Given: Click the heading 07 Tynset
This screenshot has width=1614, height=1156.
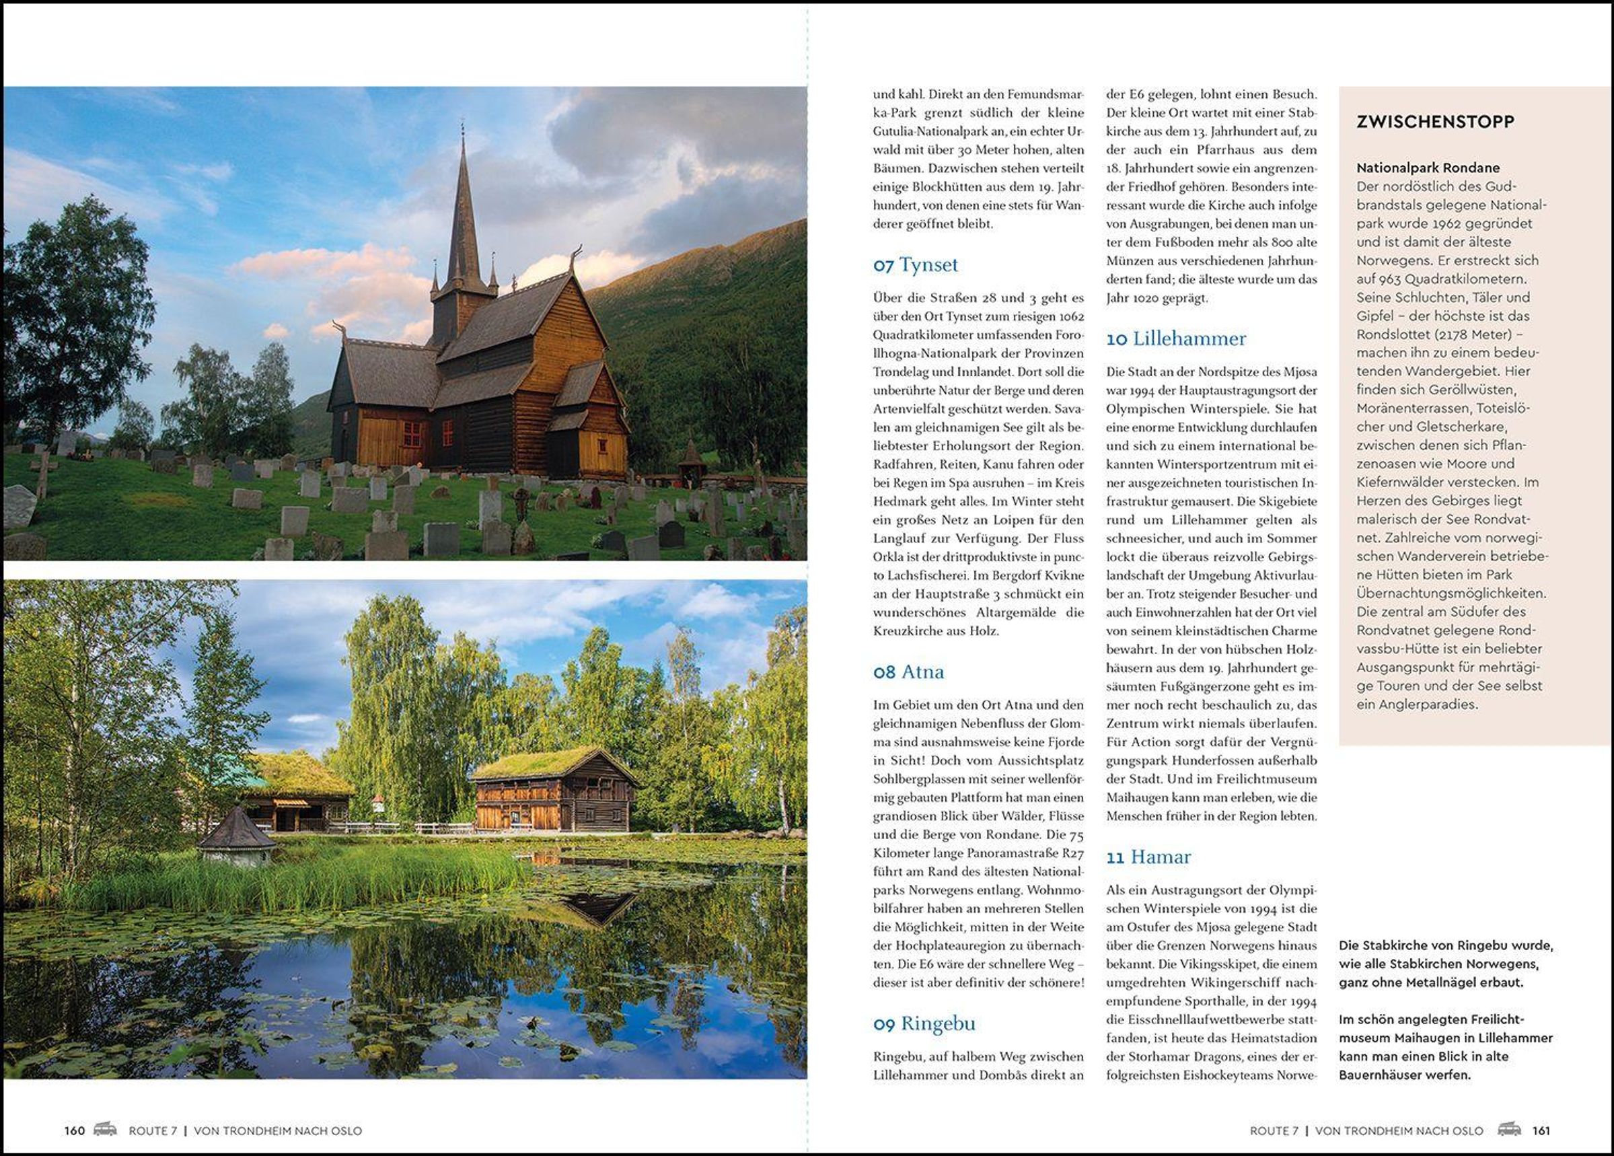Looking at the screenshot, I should pos(915,265).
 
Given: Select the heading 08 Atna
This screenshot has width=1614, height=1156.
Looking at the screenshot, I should pos(909,672).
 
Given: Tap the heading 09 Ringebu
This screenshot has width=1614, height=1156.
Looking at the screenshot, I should pos(924,1023).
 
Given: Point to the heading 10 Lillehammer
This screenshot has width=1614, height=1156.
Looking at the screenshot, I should pos(1175,339).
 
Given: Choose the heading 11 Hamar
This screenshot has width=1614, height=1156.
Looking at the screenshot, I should pos(1148,857).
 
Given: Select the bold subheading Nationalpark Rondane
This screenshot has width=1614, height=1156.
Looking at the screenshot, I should pos(1428,168).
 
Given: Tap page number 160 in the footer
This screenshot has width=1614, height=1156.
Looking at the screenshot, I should pos(74,1130).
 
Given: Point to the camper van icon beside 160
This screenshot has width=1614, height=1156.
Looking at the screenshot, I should pos(106,1130).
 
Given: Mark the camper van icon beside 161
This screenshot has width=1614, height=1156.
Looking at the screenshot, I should pos(1508,1130).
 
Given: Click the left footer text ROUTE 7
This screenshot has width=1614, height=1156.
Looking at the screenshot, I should pos(152,1130).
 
